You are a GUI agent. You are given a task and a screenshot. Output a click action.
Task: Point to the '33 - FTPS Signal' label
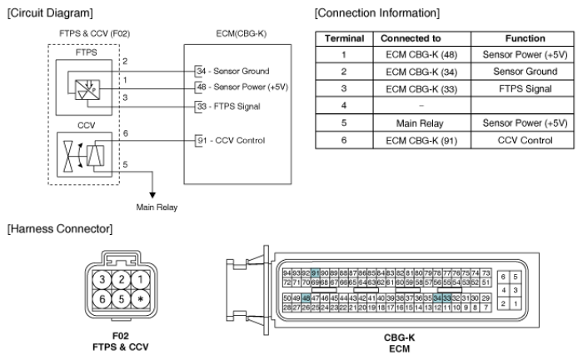click(227, 107)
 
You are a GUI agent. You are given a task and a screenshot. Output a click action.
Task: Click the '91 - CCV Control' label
click(227, 140)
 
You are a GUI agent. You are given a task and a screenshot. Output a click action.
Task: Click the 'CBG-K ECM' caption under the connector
click(396, 346)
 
